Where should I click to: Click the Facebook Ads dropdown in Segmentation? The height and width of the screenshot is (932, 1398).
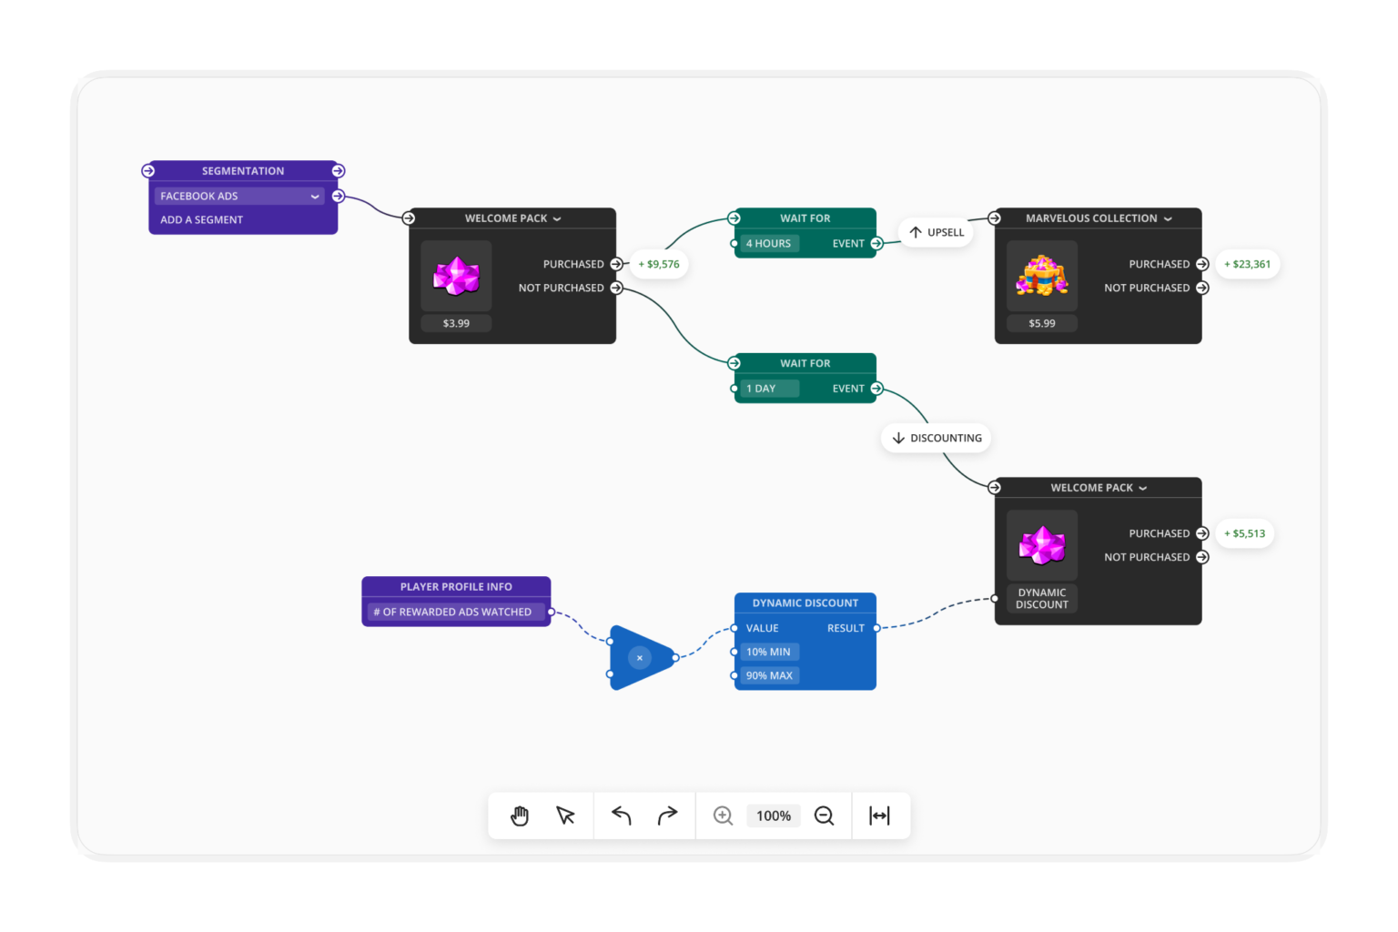pyautogui.click(x=239, y=196)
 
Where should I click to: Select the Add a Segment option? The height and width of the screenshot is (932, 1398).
pyautogui.click(x=202, y=219)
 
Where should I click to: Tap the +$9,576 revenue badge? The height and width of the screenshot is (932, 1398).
pyautogui.click(x=659, y=264)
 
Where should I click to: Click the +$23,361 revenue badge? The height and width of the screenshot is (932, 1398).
pyautogui.click(x=1247, y=264)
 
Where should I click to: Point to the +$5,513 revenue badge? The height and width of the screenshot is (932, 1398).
pyautogui.click(x=1244, y=533)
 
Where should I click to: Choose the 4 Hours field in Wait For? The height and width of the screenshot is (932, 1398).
pyautogui.click(x=769, y=243)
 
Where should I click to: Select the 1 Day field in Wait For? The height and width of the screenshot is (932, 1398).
pyautogui.click(x=769, y=389)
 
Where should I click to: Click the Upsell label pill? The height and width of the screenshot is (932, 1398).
pyautogui.click(x=937, y=232)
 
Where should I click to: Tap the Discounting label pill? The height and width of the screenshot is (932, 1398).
pyautogui.click(x=937, y=438)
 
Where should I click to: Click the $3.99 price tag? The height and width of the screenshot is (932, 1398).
pyautogui.click(x=456, y=323)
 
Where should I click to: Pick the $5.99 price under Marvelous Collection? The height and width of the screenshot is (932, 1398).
pyautogui.click(x=1042, y=323)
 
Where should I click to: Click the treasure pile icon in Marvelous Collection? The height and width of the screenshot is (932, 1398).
pyautogui.click(x=1042, y=276)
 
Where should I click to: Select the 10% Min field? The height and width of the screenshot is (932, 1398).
pyautogui.click(x=769, y=652)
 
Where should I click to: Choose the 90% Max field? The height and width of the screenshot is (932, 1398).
pyautogui.click(x=769, y=675)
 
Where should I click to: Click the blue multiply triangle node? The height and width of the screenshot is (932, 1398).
pyautogui.click(x=640, y=657)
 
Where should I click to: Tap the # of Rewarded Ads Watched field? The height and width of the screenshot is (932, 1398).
pyautogui.click(x=455, y=612)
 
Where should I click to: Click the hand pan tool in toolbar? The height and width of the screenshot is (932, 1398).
pyautogui.click(x=520, y=815)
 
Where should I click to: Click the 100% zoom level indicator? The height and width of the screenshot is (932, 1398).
pyautogui.click(x=774, y=815)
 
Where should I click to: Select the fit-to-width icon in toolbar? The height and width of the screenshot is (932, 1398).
pyautogui.click(x=879, y=815)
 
